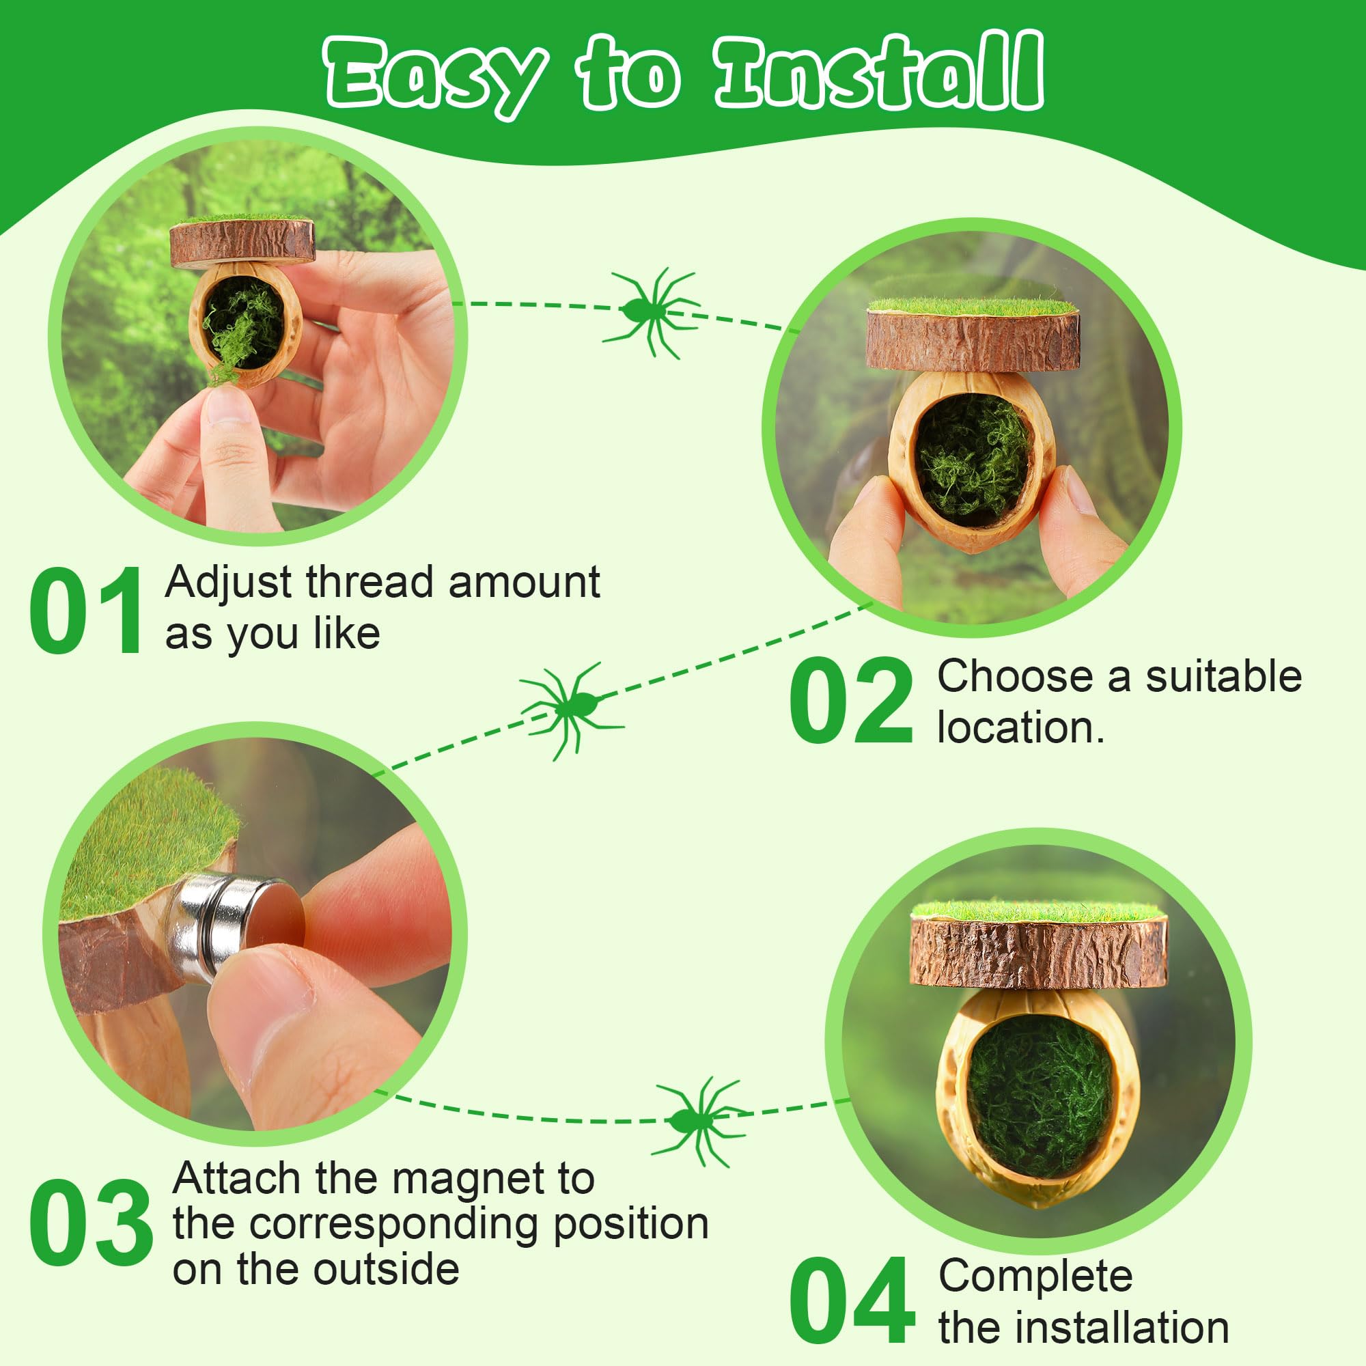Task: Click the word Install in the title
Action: (x=878, y=73)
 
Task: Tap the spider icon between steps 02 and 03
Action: (x=571, y=708)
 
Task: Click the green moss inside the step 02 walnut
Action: (x=973, y=456)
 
